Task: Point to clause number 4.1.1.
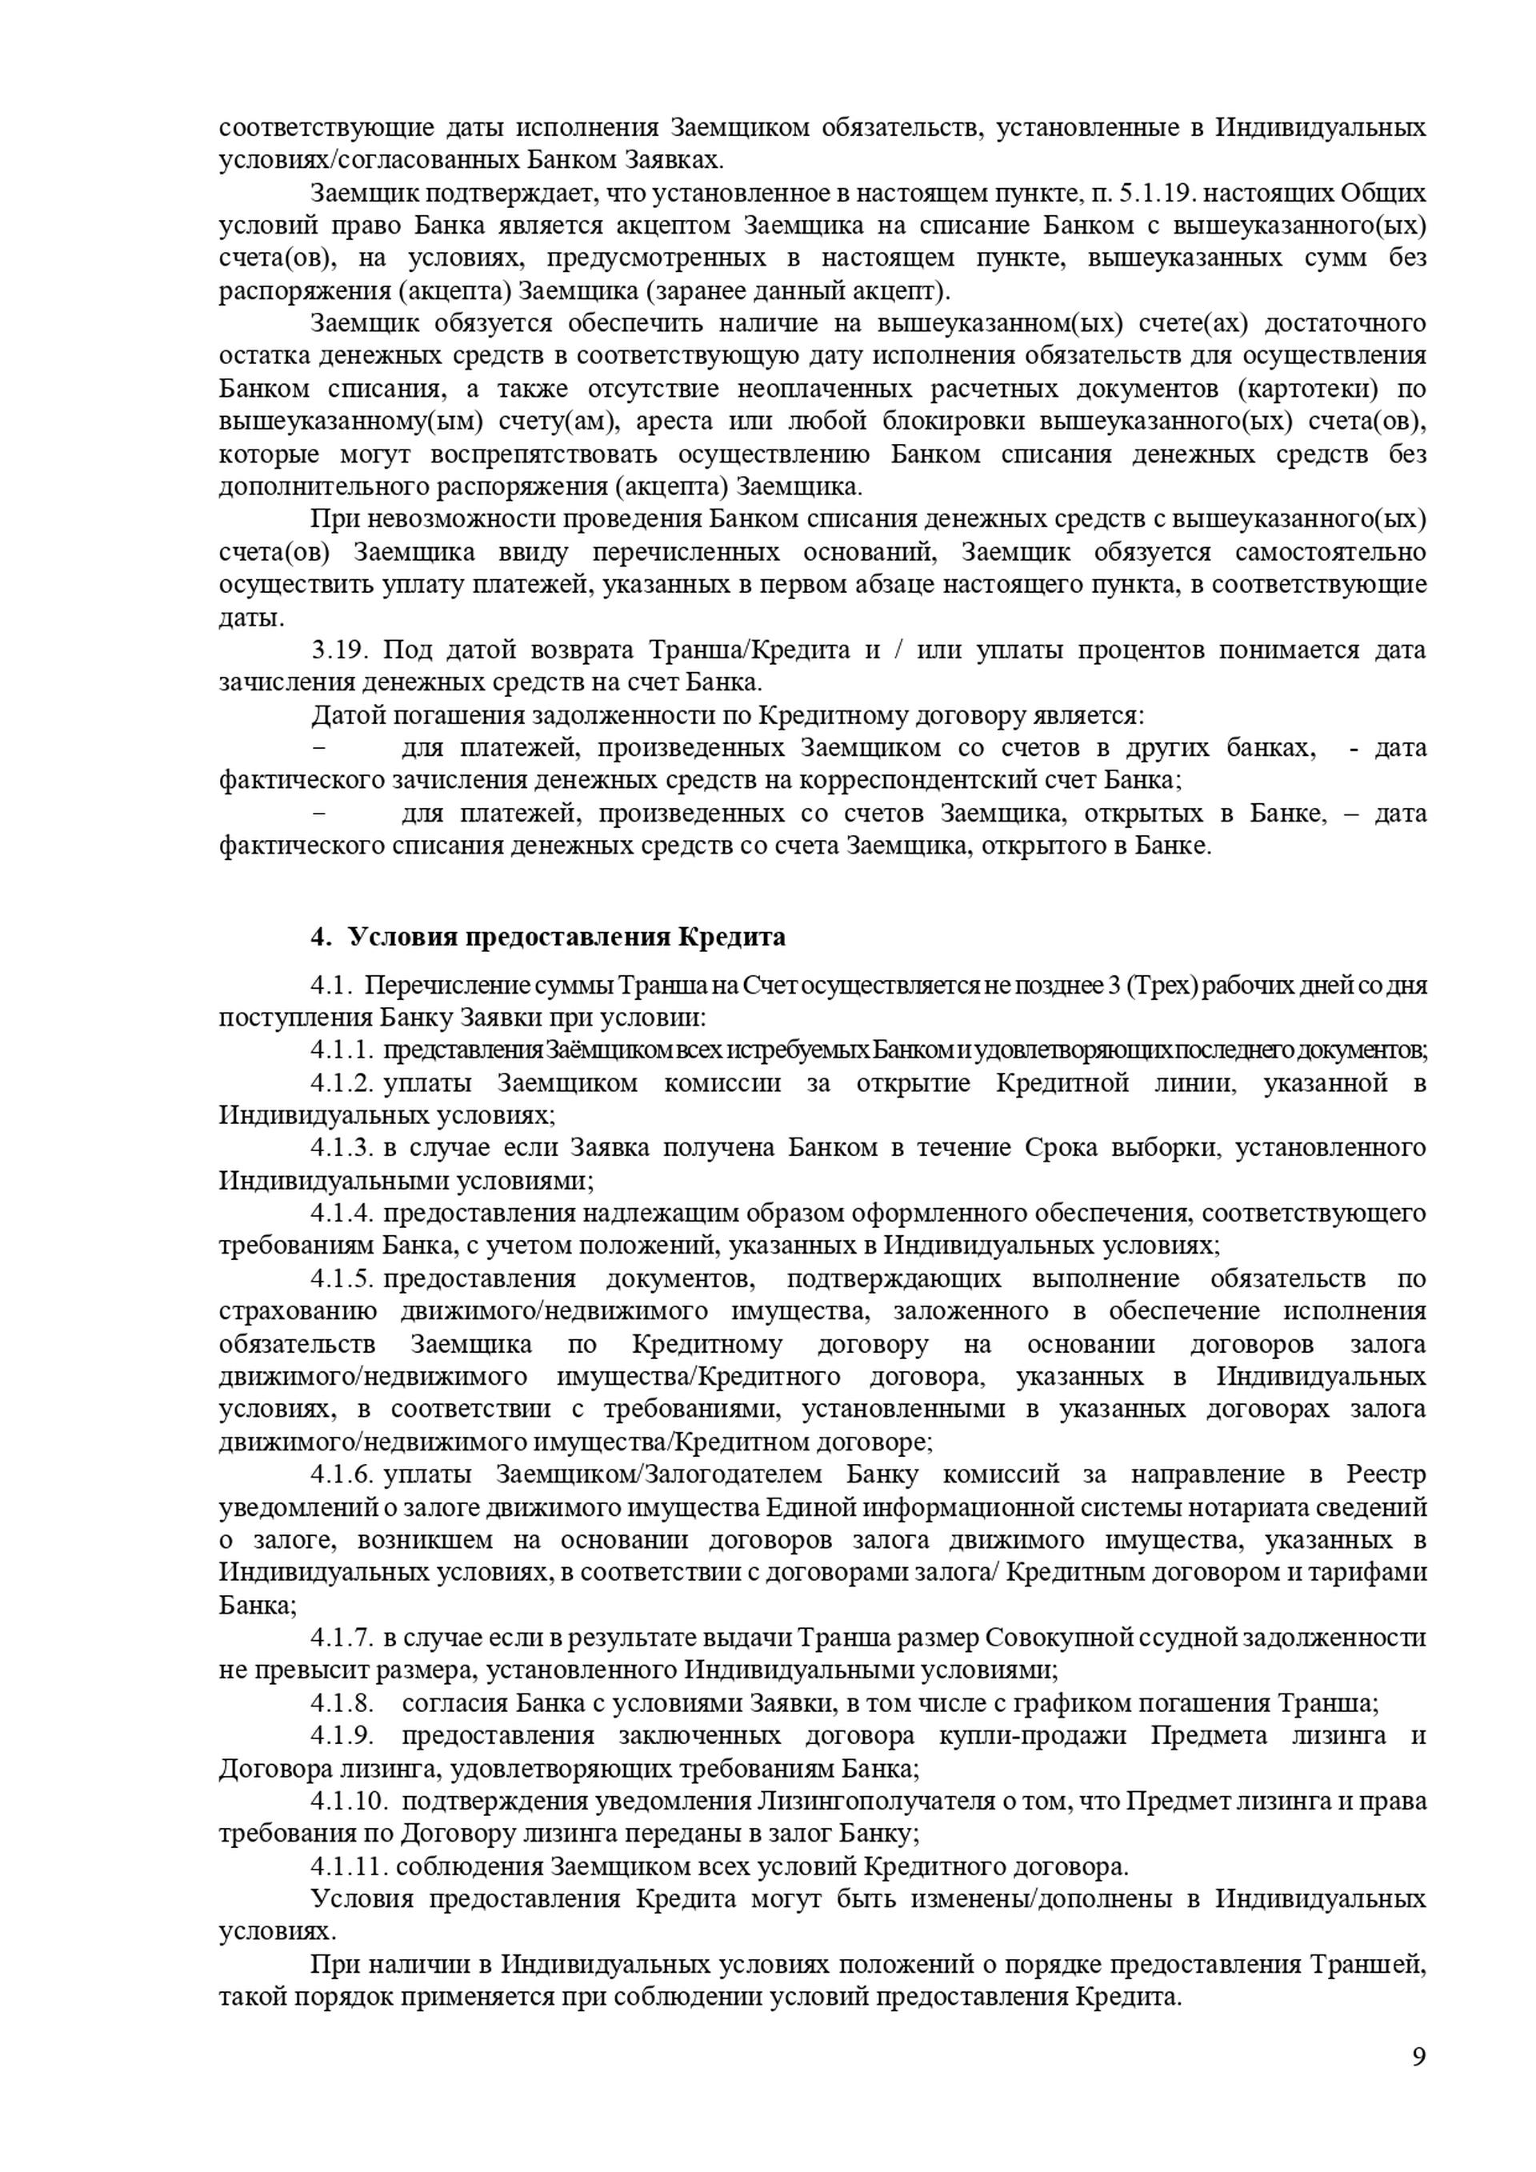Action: click(342, 1050)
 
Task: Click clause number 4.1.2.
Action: click(342, 1083)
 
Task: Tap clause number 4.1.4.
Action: click(342, 1214)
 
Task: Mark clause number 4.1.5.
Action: click(342, 1279)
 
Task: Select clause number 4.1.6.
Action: click(342, 1475)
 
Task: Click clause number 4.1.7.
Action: click(342, 1638)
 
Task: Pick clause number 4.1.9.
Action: click(342, 1736)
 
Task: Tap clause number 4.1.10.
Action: click(348, 1801)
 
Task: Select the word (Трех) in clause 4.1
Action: click(1159, 986)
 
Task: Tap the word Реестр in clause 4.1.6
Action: click(1386, 1475)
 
